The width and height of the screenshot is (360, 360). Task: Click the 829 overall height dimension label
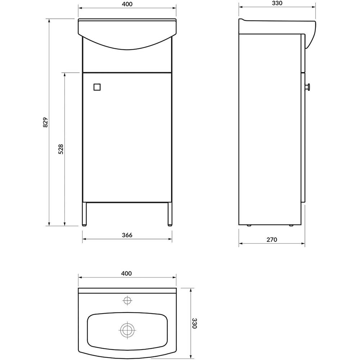point(45,122)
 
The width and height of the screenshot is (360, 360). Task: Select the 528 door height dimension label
point(61,149)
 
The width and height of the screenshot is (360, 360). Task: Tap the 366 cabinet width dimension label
point(127,235)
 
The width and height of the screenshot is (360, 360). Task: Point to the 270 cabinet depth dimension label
point(272,240)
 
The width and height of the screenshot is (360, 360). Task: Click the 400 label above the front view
point(127,4)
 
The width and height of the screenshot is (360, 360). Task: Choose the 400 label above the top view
point(126,274)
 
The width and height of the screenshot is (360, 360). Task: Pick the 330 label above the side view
point(277,3)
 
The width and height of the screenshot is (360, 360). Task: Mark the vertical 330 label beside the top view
point(194,323)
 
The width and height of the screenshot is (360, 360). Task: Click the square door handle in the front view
point(97,87)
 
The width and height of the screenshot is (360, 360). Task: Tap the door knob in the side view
point(308,87)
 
